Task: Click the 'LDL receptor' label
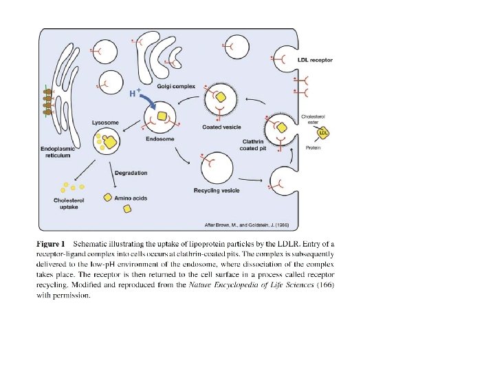[315, 61]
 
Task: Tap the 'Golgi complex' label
[176, 87]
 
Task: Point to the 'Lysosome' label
[105, 123]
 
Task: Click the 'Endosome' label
[160, 138]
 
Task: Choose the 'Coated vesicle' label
[221, 127]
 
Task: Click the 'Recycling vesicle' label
[217, 190]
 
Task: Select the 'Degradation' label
[131, 172]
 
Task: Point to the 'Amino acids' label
[131, 198]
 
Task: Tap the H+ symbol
[135, 92]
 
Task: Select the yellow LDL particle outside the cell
[323, 133]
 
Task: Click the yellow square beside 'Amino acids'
[107, 198]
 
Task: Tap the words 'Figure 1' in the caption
[51, 244]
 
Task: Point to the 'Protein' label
[313, 147]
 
